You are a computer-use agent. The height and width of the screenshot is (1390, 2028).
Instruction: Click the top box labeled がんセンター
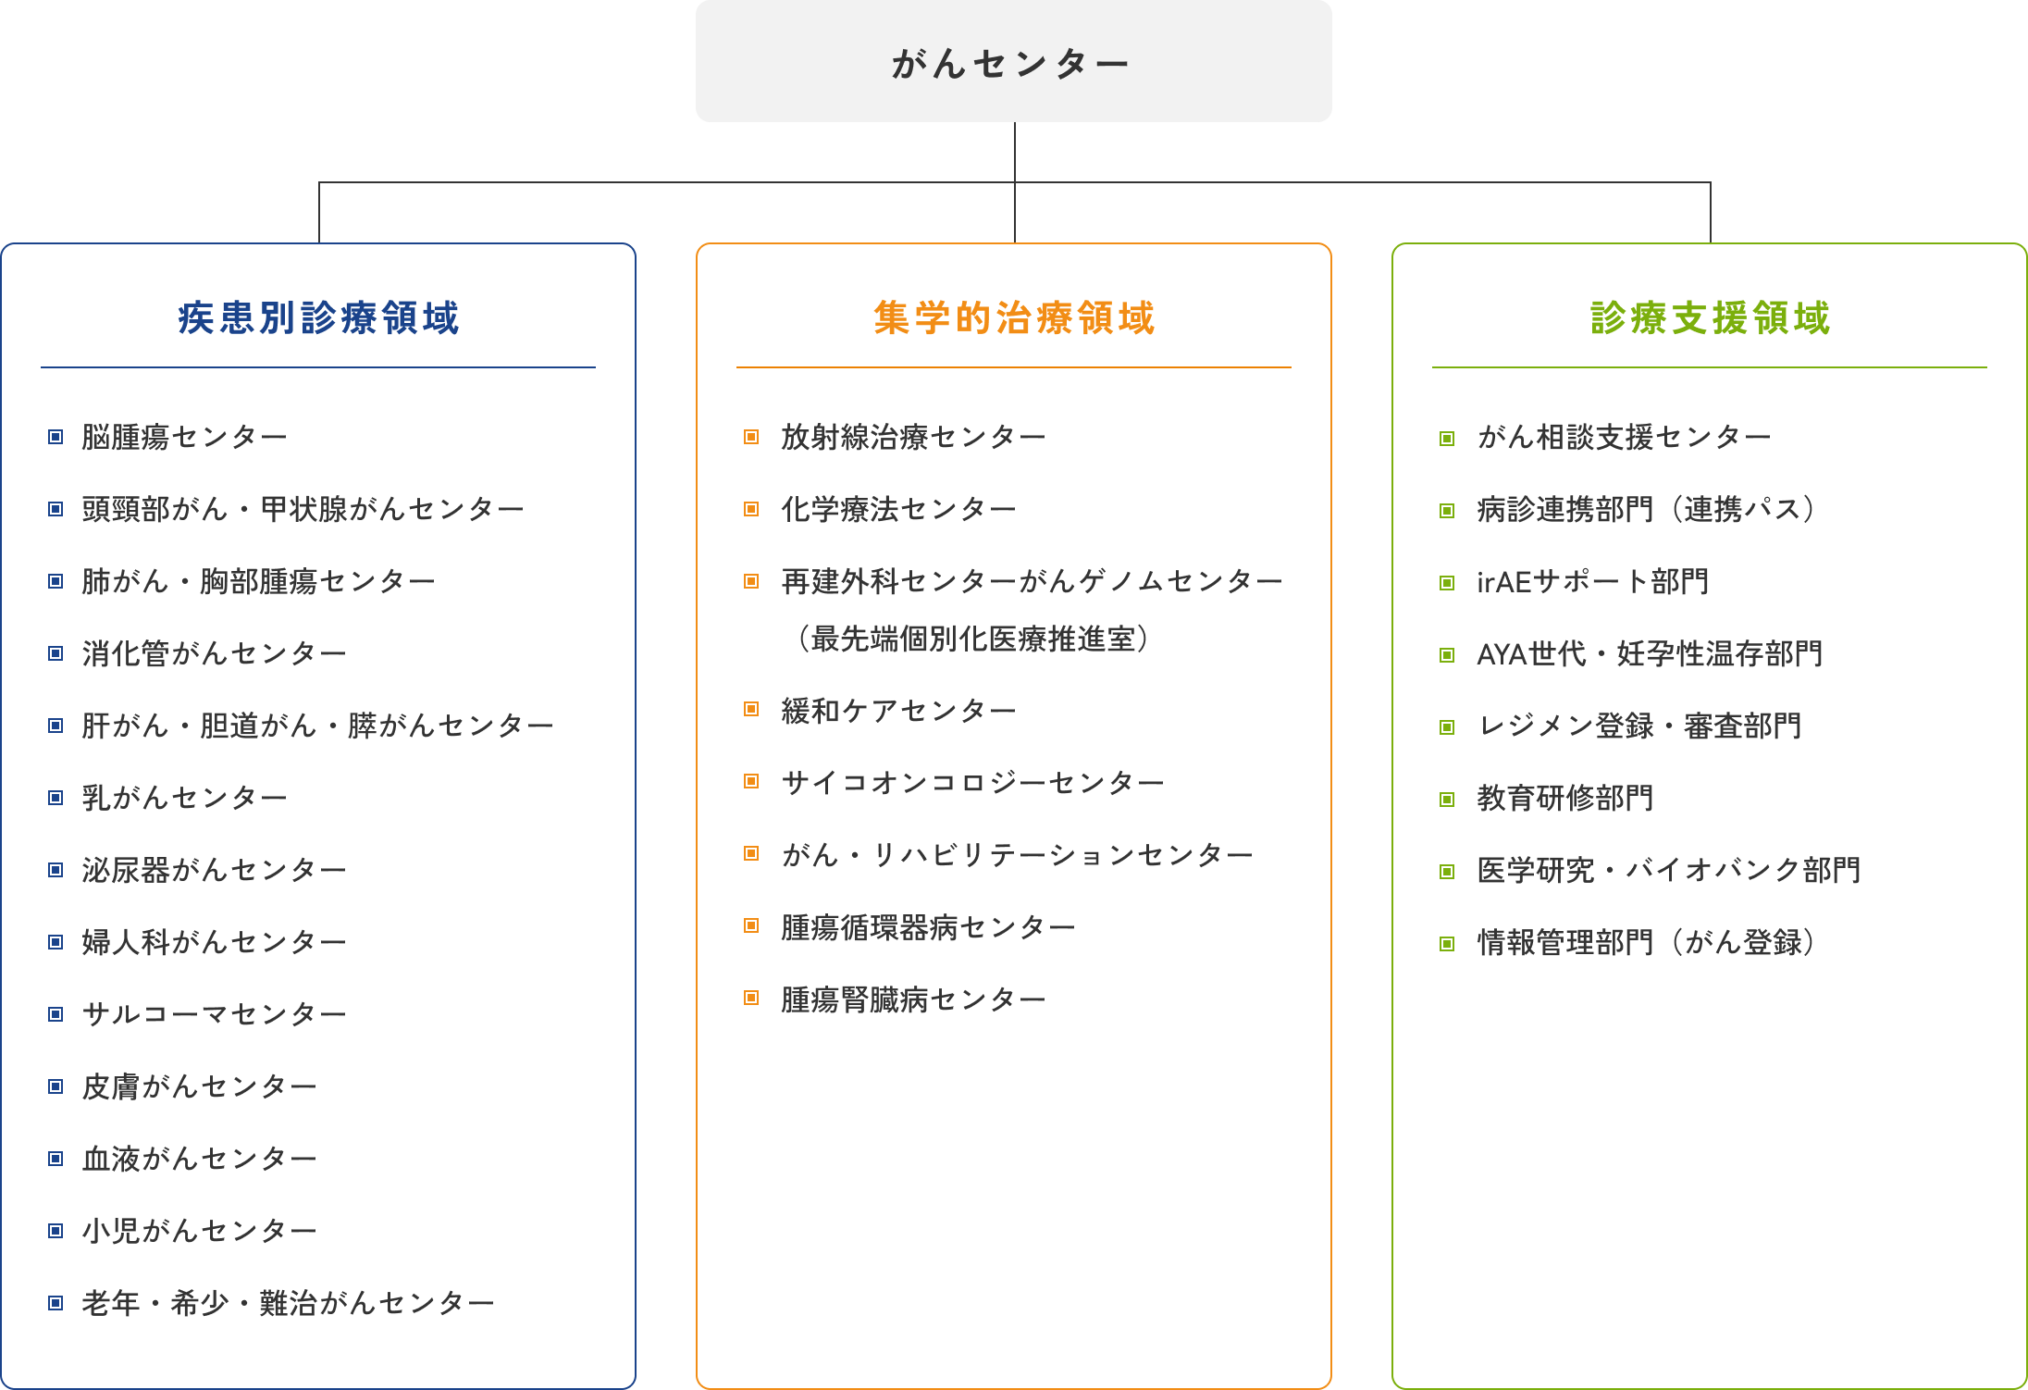tap(1013, 61)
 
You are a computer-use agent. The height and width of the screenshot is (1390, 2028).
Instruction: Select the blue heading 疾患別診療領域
tap(318, 317)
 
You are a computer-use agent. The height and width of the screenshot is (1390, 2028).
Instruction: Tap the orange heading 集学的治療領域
tap(1014, 317)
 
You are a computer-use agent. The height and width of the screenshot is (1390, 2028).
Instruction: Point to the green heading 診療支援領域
tap(1710, 317)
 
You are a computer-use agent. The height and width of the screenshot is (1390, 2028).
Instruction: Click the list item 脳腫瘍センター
tap(185, 436)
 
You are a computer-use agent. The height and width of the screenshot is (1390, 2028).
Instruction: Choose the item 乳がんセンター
tap(185, 797)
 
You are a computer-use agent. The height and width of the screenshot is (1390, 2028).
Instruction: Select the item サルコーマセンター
tap(215, 1013)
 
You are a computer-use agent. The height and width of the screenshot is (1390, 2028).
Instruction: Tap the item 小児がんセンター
tap(200, 1230)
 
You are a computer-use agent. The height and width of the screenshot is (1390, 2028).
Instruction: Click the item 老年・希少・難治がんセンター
tap(289, 1302)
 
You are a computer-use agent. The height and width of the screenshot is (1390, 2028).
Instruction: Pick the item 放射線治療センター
tap(914, 436)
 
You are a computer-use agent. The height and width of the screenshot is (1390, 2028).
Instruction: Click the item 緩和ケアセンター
tap(899, 710)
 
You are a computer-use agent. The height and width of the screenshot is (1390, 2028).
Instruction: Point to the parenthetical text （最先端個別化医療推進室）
tap(972, 638)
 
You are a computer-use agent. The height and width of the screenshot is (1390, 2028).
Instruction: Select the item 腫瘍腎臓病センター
tap(914, 999)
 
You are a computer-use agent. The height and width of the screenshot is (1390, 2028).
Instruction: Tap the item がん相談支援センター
tap(1625, 436)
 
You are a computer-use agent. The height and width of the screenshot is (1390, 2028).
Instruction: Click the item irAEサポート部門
tap(1593, 580)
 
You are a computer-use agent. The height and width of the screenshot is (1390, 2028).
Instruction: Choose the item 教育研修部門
tap(1565, 797)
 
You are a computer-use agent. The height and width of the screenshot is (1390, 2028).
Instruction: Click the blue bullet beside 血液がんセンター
tap(56, 1159)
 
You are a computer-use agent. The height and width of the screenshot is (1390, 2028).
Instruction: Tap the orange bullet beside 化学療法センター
tap(751, 509)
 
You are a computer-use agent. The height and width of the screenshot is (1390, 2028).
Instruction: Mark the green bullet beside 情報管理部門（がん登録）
tap(1447, 944)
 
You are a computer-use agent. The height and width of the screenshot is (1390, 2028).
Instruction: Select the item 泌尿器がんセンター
tap(215, 869)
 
